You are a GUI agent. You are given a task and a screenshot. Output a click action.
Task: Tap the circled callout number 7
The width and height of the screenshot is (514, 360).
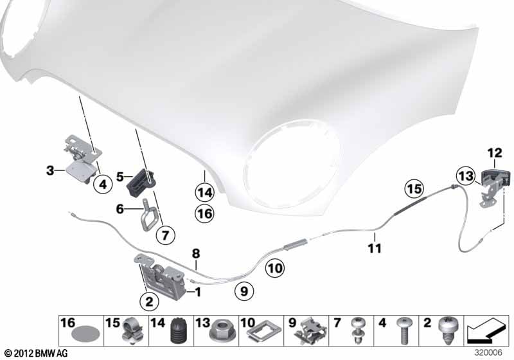[165, 235]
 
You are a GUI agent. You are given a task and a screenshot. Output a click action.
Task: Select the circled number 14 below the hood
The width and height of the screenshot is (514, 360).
[204, 192]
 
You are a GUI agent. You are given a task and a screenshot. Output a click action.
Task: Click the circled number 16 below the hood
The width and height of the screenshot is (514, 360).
[204, 214]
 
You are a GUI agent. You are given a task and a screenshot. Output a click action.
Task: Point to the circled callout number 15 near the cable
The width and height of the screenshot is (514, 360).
[414, 189]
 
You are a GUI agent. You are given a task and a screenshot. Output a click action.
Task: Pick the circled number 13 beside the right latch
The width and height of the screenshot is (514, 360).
[466, 176]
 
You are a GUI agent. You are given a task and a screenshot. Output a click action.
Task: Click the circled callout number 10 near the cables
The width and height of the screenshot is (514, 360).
[275, 268]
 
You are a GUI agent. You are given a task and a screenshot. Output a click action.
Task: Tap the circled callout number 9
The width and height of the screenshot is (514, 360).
[244, 291]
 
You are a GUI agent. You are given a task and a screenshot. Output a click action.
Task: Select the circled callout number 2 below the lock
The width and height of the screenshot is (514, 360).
[149, 301]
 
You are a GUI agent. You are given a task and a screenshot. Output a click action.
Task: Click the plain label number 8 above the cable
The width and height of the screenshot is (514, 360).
[196, 254]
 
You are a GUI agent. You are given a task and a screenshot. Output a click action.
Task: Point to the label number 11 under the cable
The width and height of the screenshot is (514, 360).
[375, 248]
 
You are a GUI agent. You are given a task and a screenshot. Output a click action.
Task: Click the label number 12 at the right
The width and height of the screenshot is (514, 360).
[495, 153]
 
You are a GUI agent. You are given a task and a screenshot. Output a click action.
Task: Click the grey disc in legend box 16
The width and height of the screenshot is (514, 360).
[85, 335]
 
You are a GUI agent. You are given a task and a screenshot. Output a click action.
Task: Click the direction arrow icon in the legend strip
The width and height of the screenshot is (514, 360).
[486, 330]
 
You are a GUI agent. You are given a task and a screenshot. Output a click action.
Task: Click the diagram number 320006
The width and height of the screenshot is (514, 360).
[488, 352]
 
